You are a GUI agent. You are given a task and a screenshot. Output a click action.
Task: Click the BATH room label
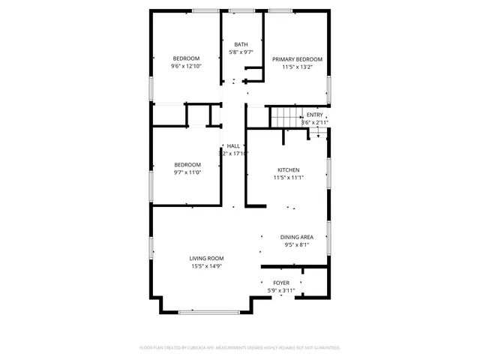(241, 44)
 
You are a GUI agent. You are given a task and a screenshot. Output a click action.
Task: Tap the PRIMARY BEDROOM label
(297, 59)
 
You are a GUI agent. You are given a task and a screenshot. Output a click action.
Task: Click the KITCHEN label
(288, 170)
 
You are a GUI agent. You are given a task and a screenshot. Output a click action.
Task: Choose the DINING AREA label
(297, 236)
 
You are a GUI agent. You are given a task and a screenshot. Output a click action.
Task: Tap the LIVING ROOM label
(206, 258)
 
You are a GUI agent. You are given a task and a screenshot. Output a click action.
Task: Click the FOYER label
(281, 283)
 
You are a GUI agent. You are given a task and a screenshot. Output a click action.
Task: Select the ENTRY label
(315, 115)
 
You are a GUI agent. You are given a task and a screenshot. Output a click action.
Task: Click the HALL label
(233, 145)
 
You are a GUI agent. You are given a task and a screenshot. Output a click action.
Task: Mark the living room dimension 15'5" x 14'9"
(206, 265)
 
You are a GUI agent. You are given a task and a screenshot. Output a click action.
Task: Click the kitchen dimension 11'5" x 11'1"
(288, 178)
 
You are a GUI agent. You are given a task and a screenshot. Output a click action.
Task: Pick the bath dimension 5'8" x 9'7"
(241, 52)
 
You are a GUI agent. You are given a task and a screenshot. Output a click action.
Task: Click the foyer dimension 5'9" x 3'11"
(281, 290)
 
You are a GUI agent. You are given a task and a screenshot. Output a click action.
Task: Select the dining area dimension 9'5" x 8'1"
(297, 244)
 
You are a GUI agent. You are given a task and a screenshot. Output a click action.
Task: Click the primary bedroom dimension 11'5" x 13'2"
(297, 67)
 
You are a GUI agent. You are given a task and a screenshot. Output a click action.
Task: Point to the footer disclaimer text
(240, 347)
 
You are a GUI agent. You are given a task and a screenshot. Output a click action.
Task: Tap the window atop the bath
(241, 10)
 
